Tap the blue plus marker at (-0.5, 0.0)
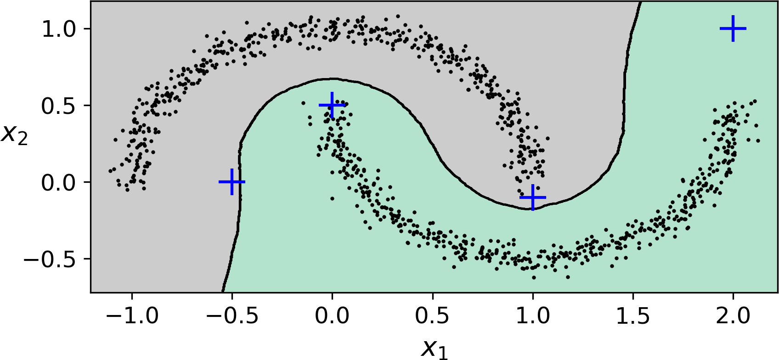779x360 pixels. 232,182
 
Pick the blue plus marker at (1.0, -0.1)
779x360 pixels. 533,197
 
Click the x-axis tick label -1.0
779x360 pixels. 132,316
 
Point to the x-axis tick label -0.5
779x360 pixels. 232,316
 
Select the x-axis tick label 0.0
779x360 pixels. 332,316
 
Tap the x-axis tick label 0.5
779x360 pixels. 433,316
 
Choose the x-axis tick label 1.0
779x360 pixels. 533,316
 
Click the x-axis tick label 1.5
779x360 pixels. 633,316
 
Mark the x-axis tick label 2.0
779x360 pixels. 733,316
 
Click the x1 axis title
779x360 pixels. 434,349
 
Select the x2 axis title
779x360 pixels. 15,134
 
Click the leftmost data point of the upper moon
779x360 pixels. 110,171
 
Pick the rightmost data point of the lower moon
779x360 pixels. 758,141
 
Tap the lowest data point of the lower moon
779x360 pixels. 534,278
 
